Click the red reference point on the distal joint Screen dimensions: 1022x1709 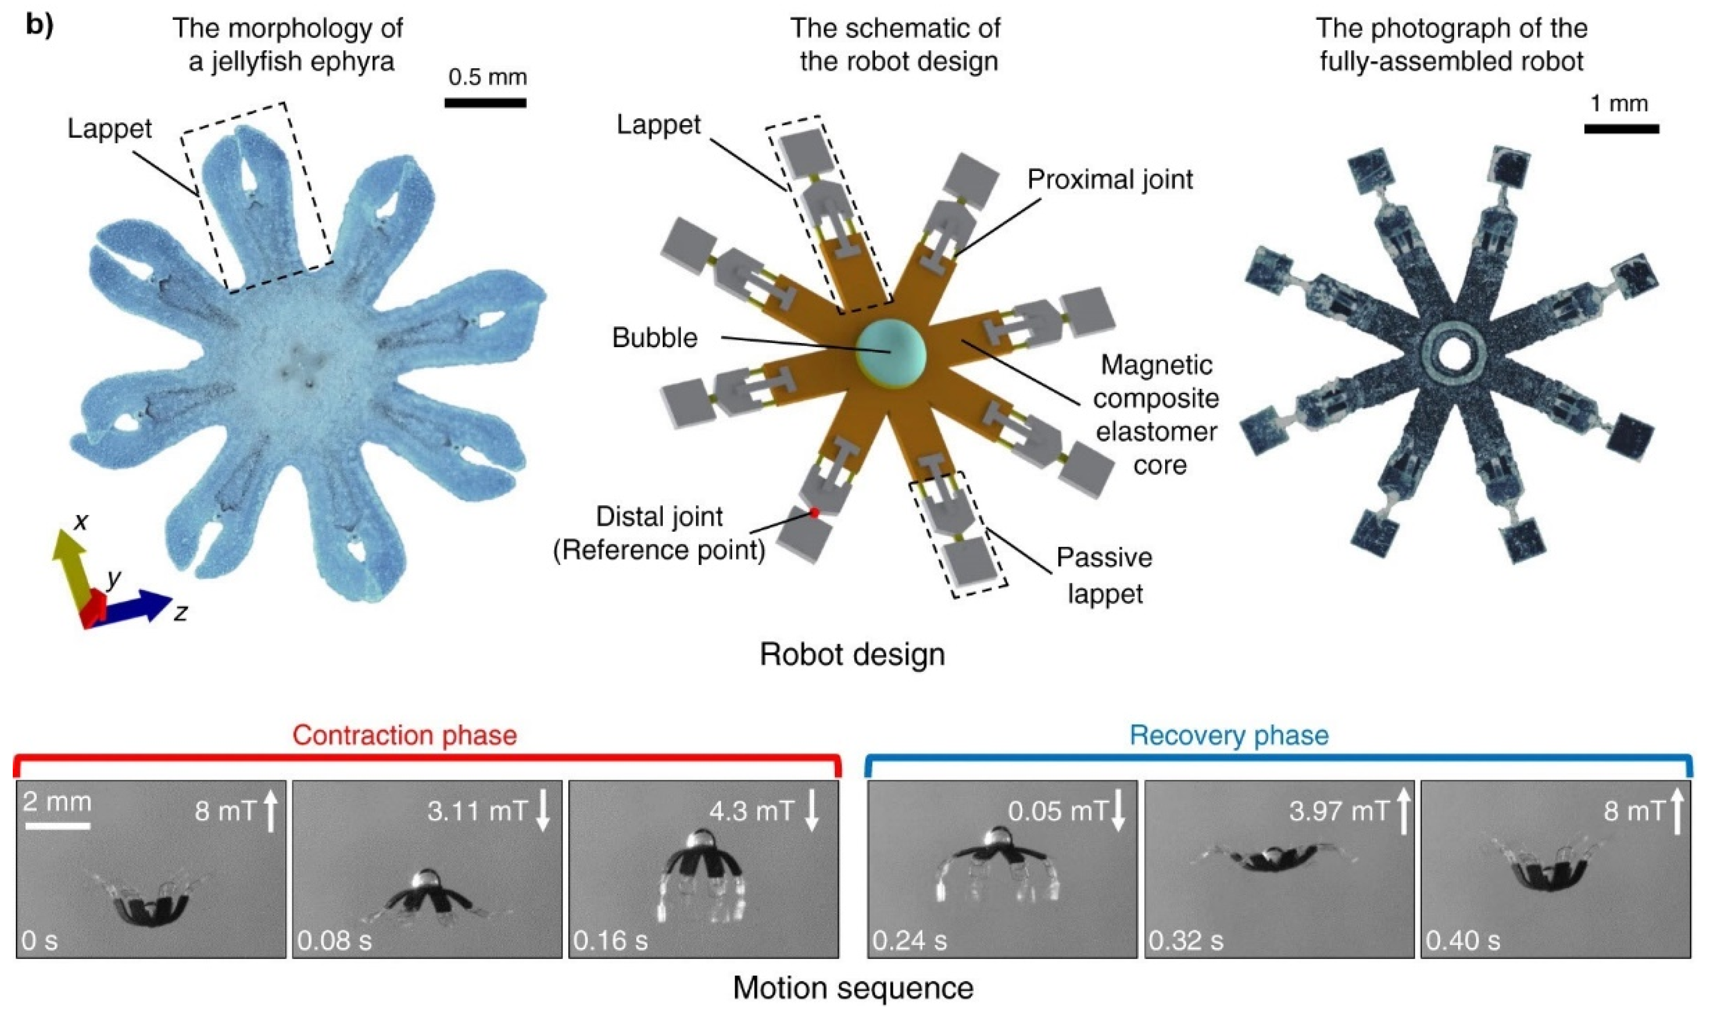point(814,513)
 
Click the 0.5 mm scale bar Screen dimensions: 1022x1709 point(485,103)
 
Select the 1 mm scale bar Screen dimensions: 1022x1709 point(1621,129)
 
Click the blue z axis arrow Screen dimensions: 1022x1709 point(138,607)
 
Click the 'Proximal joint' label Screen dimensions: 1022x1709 point(1110,180)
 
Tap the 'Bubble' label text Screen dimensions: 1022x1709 point(654,338)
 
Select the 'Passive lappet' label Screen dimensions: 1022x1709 point(1104,575)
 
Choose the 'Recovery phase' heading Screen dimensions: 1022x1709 point(1229,735)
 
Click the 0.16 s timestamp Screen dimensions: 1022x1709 point(610,941)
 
